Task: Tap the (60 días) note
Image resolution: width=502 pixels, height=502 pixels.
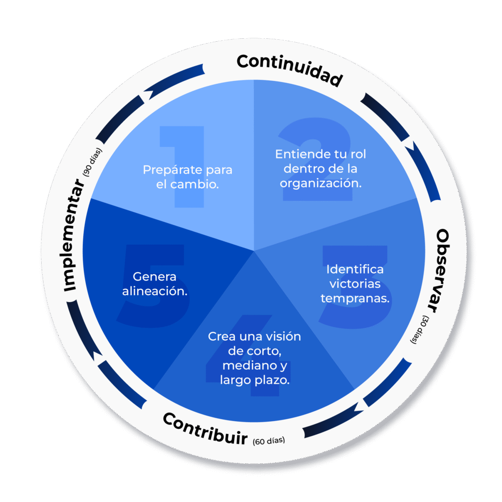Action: click(x=269, y=440)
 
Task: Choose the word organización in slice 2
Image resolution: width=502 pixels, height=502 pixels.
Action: click(x=321, y=183)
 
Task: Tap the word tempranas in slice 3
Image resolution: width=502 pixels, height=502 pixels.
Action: click(x=355, y=299)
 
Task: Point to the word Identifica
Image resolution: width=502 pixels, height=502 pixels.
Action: click(x=355, y=269)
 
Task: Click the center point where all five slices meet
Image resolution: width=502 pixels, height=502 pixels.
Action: click(x=254, y=251)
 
